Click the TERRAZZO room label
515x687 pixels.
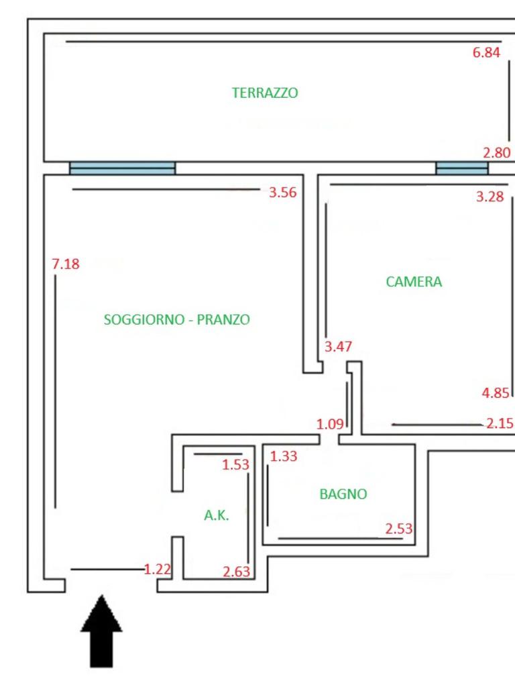pos(265,93)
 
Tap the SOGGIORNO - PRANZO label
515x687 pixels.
pos(177,319)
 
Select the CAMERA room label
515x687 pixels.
pos(414,282)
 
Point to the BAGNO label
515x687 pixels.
pos(343,494)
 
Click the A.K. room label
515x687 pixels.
pos(217,515)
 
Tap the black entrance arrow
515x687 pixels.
pos(101,631)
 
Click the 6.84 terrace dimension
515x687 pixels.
pos(487,52)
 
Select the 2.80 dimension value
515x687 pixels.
pos(497,152)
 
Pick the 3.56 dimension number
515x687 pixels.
pos(282,193)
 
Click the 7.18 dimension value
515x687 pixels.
pos(66,264)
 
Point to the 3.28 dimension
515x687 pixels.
pos(490,197)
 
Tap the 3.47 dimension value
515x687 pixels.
pos(338,347)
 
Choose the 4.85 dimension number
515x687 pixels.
pos(496,393)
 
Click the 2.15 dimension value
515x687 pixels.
pos(500,423)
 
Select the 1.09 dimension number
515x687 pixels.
pos(330,424)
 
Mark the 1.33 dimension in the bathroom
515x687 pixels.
pos(284,457)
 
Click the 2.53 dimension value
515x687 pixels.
pos(399,529)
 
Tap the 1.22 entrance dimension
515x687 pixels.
pos(158,570)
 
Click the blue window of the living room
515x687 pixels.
pos(122,168)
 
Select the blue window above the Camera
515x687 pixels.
pos(461,168)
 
